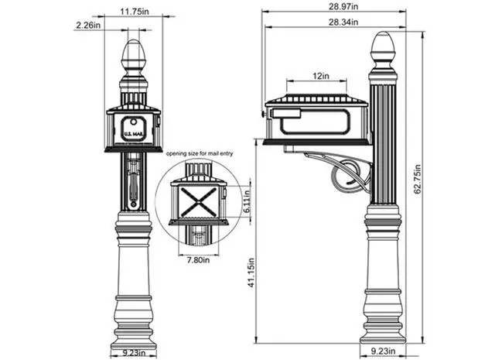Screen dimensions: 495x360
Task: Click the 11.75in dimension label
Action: [x=134, y=12]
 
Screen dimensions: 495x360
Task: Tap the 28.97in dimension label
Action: [x=343, y=6]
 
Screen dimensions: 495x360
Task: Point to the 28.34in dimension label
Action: [x=343, y=22]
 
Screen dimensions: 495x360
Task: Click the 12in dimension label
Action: [x=321, y=76]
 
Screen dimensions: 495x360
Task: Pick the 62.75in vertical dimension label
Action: [x=418, y=179]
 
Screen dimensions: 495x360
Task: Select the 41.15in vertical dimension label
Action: [x=251, y=273]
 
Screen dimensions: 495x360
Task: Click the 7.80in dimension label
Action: [x=198, y=260]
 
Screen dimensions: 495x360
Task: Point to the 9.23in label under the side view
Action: [x=383, y=351]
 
